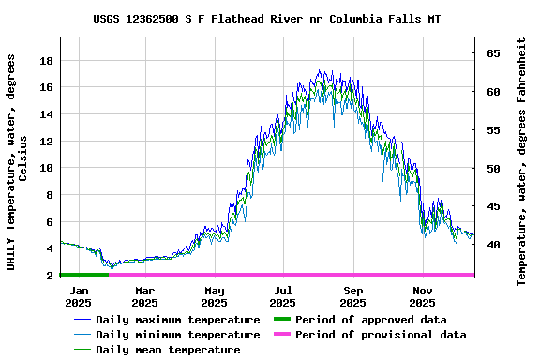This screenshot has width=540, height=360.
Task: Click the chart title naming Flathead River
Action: pos(267,19)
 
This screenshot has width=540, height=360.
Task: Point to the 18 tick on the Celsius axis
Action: pos(45,61)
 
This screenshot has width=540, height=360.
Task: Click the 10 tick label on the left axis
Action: pos(45,169)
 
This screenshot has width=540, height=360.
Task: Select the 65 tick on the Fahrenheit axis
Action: pos(492,53)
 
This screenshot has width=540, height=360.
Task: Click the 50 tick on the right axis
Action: pos(492,169)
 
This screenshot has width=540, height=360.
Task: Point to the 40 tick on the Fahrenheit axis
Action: pos(492,245)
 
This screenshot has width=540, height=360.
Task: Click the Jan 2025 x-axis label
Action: pos(78,296)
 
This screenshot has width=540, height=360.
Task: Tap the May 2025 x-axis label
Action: pos(215,296)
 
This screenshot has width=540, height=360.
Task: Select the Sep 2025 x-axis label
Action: pos(352,296)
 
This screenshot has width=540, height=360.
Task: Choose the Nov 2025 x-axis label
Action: pos(422,296)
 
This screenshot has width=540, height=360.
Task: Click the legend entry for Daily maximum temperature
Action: pos(177,320)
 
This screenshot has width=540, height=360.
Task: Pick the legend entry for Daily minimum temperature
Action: pos(177,335)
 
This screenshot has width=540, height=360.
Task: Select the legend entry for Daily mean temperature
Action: pos(167,350)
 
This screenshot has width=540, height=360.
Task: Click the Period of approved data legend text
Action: pos(370,320)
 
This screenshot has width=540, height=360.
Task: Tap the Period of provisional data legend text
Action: pos(381,335)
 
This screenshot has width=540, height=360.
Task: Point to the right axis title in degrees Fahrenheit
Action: pos(521,161)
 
